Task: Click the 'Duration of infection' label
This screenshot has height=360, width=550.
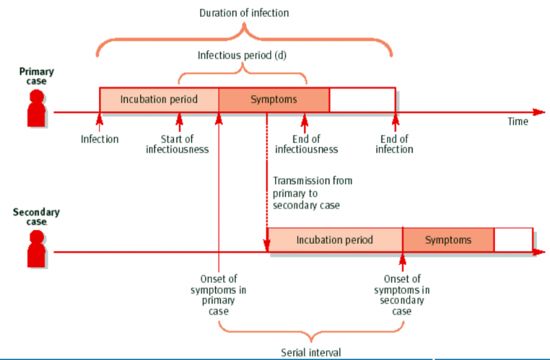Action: point(244,12)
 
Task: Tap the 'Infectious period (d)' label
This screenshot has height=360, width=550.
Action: point(242,55)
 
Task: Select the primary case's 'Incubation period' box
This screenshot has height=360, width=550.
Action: point(159,100)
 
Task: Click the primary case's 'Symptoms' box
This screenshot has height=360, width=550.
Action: point(274,100)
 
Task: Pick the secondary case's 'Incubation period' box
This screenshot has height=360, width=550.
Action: point(335,240)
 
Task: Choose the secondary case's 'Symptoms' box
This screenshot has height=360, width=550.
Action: point(448,240)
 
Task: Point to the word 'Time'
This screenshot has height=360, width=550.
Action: point(518,122)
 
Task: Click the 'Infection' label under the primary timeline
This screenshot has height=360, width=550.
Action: point(100,139)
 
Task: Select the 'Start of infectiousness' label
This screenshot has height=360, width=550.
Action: point(177,144)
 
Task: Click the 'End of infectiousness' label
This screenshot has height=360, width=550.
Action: point(306,144)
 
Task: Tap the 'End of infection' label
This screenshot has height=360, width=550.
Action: point(395,144)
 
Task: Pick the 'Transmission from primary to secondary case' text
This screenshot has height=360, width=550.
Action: point(313,193)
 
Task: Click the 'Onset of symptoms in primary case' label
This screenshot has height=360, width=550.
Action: point(219,295)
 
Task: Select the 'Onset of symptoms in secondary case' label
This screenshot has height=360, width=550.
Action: point(402,295)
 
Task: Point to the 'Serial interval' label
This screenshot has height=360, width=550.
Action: point(311,352)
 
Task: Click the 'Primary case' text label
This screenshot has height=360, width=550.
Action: point(36,76)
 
